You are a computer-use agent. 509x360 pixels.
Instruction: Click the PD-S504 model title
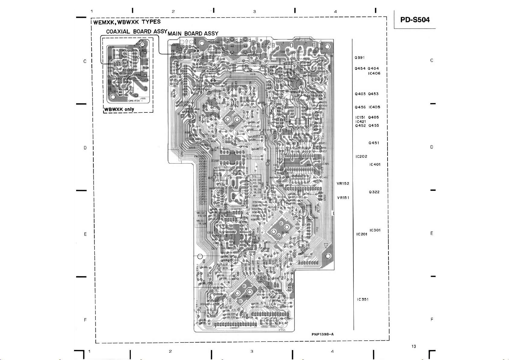pyautogui.click(x=415, y=20)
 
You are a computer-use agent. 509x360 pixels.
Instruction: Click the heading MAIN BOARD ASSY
pyautogui.click(x=193, y=34)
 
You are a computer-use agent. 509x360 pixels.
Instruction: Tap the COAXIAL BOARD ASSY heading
pyautogui.click(x=137, y=31)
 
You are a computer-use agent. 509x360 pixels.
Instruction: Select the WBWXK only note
pyautogui.click(x=119, y=109)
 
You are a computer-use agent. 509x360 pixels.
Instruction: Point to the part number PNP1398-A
pyautogui.click(x=323, y=334)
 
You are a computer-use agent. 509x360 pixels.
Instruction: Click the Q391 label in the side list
pyautogui.click(x=359, y=57)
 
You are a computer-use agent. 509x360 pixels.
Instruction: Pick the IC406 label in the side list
pyautogui.click(x=374, y=73)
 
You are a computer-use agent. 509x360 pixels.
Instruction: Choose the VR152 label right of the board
pyautogui.click(x=343, y=183)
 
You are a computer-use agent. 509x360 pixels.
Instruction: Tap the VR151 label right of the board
pyautogui.click(x=343, y=198)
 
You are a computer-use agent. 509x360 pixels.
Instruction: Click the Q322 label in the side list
pyautogui.click(x=374, y=192)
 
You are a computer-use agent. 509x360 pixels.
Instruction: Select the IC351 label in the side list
pyautogui.click(x=362, y=299)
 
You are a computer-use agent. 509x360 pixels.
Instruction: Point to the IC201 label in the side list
pyautogui.click(x=362, y=234)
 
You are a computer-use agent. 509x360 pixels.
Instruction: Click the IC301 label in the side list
pyautogui.click(x=375, y=230)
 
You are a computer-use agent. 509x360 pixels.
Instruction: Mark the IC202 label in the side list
pyautogui.click(x=361, y=156)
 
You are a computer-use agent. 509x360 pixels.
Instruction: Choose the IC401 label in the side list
pyautogui.click(x=375, y=164)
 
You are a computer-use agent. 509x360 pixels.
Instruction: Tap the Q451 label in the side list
pyautogui.click(x=374, y=143)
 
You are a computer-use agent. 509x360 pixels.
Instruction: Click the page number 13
pyautogui.click(x=414, y=346)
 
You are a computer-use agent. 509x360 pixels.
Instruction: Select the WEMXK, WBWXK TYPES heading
pyautogui.click(x=127, y=22)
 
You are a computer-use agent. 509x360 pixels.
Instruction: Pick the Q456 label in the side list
pyautogui.click(x=360, y=107)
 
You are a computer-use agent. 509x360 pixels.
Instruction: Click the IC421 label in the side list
pyautogui.click(x=360, y=122)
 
